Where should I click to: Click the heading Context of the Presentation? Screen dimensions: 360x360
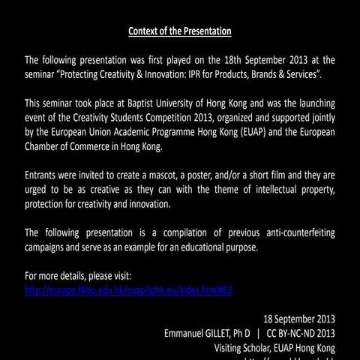pyautogui.click(x=180, y=31)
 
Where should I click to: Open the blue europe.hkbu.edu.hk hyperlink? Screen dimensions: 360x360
pyautogui.click(x=128, y=290)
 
